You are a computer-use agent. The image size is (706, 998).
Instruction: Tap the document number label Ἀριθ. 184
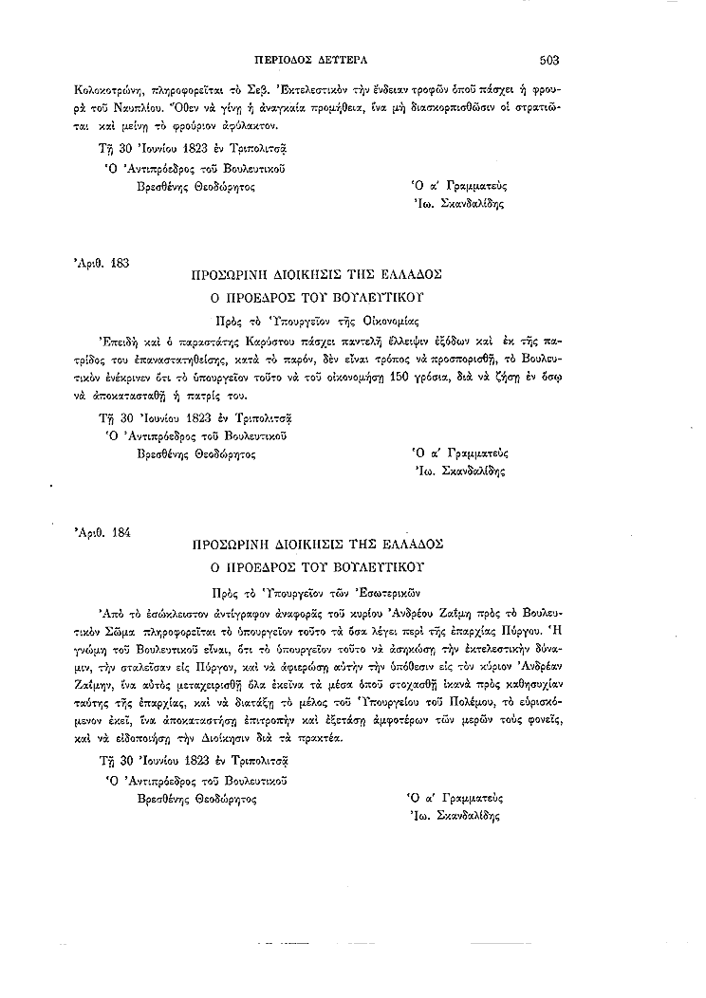click(102, 531)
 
